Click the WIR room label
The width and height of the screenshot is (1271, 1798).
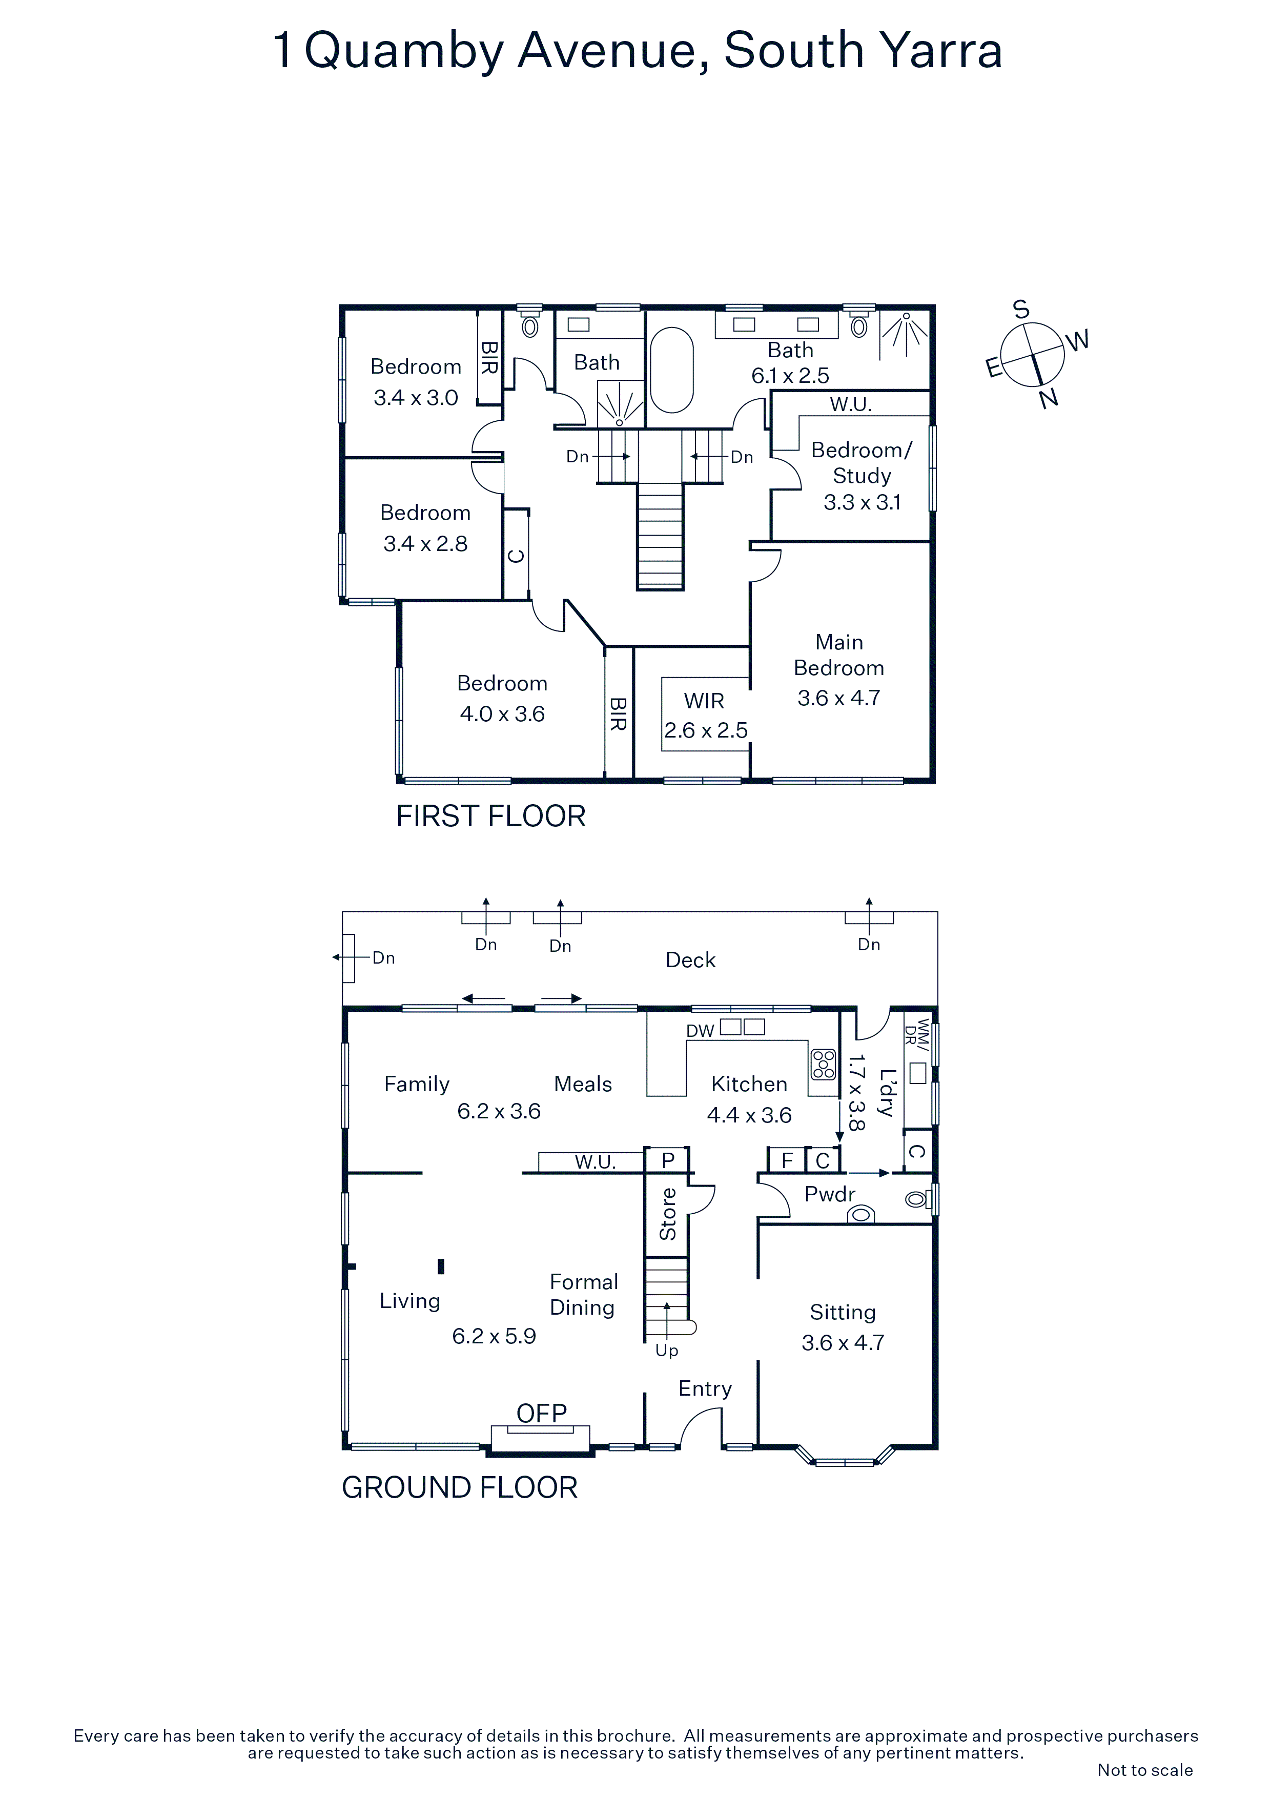click(704, 701)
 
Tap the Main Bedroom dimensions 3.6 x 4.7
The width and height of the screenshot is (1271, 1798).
click(839, 698)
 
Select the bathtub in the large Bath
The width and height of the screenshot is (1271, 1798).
click(672, 370)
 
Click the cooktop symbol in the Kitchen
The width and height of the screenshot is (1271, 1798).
click(823, 1064)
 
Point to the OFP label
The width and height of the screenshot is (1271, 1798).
click(541, 1413)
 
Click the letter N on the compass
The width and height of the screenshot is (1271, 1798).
click(1049, 399)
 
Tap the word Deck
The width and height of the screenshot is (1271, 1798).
click(691, 960)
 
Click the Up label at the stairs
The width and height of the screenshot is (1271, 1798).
click(666, 1351)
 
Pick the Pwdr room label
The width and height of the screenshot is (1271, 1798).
click(830, 1194)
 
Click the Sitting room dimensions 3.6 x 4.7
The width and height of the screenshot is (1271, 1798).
click(843, 1342)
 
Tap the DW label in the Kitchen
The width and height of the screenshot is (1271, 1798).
click(700, 1031)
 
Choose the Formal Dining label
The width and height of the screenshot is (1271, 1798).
click(583, 1295)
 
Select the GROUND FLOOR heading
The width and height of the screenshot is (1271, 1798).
click(460, 1488)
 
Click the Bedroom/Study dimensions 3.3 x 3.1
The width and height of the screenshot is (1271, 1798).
click(862, 502)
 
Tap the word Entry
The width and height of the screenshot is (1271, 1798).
click(705, 1389)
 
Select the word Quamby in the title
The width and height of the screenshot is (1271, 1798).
click(404, 52)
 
